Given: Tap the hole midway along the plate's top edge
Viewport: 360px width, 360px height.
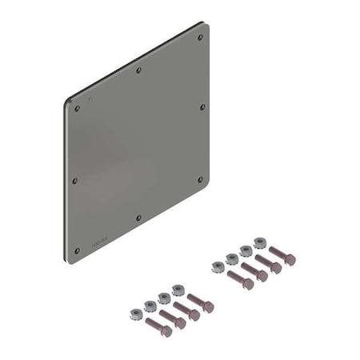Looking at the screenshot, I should (138, 70).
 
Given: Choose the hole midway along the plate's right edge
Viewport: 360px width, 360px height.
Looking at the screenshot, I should (201, 106).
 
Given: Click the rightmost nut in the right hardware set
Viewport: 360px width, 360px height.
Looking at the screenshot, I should (259, 242).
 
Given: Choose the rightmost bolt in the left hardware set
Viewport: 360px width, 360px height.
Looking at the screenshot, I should (200, 303).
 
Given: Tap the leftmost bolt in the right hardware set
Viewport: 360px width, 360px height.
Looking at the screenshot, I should (240, 280).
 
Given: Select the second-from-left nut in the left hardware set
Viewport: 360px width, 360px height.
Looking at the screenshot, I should (150, 305).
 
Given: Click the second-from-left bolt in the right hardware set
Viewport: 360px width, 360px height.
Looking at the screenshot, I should (254, 272).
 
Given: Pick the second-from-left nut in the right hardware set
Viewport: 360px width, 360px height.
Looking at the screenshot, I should (232, 258).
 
